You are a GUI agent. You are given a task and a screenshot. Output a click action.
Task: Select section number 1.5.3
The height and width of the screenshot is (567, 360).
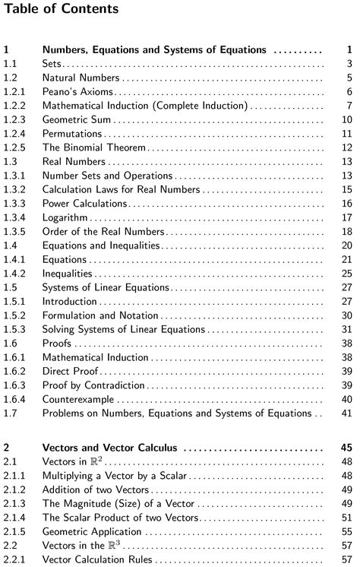15,329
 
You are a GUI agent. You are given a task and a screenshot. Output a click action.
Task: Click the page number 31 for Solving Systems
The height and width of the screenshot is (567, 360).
346,329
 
